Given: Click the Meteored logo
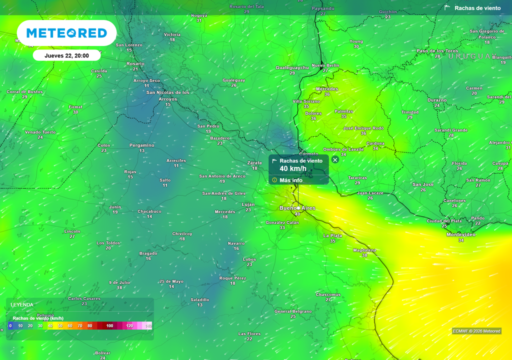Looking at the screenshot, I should coord(66,33).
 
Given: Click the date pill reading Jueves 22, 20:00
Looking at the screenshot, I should coord(66,55).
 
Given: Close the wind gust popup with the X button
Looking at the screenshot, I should coord(335,160).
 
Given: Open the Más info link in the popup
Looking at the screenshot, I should coord(290,180).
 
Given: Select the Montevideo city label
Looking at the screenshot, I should coord(460,234).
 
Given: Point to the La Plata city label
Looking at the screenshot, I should coord(332,235).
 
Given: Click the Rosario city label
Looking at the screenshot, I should coord(135,63).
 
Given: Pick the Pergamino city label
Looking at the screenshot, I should coord(142,145).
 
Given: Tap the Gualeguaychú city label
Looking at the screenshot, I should coord(292,67).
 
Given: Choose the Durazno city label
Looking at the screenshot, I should coord(437,100).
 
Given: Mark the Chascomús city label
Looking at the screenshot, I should coord(328,294).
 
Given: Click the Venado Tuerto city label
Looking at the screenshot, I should coord(40,132).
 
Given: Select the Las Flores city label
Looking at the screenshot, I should coord(249,333).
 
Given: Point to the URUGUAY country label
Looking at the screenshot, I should coord(469,56).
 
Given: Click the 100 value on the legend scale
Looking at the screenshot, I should coord(110,326).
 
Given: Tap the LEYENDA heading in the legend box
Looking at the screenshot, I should coord(22,304).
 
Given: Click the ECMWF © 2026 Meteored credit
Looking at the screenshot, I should coord(476,331).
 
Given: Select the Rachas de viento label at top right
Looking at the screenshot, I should coord(477,8).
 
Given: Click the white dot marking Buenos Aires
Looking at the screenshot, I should coord(298,208).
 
